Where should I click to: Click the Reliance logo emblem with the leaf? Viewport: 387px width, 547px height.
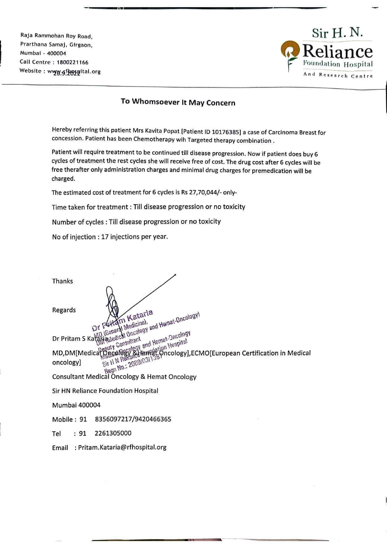coord(290,52)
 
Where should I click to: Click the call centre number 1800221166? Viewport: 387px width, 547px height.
coord(73,62)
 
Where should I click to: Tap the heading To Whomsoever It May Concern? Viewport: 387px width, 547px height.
coord(178,102)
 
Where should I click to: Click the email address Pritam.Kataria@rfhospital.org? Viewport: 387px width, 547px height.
coord(122,447)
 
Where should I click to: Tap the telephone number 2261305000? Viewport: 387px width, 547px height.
coord(113,433)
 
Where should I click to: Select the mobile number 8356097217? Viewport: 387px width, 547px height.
coord(113,419)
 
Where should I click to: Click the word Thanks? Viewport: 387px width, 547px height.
coord(62,281)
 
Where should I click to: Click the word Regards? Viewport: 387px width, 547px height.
coord(64,310)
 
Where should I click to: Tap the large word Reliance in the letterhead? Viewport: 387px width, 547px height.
coord(338,51)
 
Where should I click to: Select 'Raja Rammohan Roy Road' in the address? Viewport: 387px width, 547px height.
coord(56,36)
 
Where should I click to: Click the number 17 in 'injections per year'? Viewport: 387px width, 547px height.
coord(105,237)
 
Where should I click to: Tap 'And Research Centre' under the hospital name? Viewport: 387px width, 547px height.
coord(338,75)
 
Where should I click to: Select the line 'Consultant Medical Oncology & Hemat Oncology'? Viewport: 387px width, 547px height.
coord(124,377)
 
